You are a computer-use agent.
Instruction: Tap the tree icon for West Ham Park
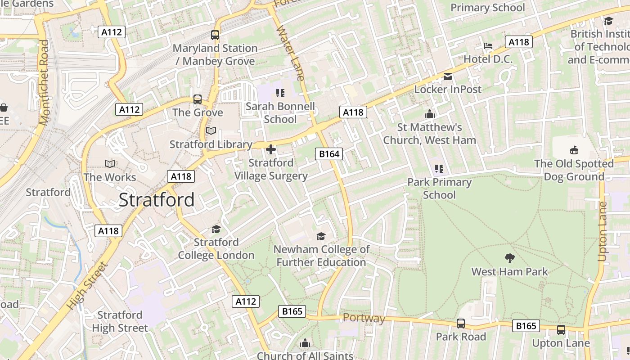pyautogui.click(x=509, y=258)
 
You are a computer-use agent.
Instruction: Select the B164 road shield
pyautogui.click(x=329, y=154)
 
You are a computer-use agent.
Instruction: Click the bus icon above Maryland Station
pyautogui.click(x=215, y=35)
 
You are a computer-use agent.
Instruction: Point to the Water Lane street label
pyautogui.click(x=291, y=53)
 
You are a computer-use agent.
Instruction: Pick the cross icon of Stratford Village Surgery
pyautogui.click(x=271, y=149)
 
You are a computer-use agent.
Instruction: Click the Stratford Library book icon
pyautogui.click(x=211, y=131)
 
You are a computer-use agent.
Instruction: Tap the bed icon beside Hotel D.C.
pyautogui.click(x=488, y=46)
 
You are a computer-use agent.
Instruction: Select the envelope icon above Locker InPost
pyautogui.click(x=448, y=76)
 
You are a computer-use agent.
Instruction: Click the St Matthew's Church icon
pyautogui.click(x=430, y=114)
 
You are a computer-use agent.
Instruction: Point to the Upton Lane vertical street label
pyautogui.click(x=602, y=231)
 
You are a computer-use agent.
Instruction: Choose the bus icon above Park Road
pyautogui.click(x=461, y=323)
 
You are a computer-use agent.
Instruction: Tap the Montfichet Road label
pyautogui.click(x=44, y=82)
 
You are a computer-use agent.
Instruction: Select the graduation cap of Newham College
pyautogui.click(x=321, y=236)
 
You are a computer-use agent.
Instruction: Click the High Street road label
pyautogui.click(x=88, y=285)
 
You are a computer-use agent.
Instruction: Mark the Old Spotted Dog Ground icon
pyautogui.click(x=574, y=150)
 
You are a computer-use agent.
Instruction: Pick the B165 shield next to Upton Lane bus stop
pyautogui.click(x=526, y=325)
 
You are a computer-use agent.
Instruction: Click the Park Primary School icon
pyautogui.click(x=439, y=169)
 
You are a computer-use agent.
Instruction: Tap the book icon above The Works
pyautogui.click(x=110, y=164)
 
